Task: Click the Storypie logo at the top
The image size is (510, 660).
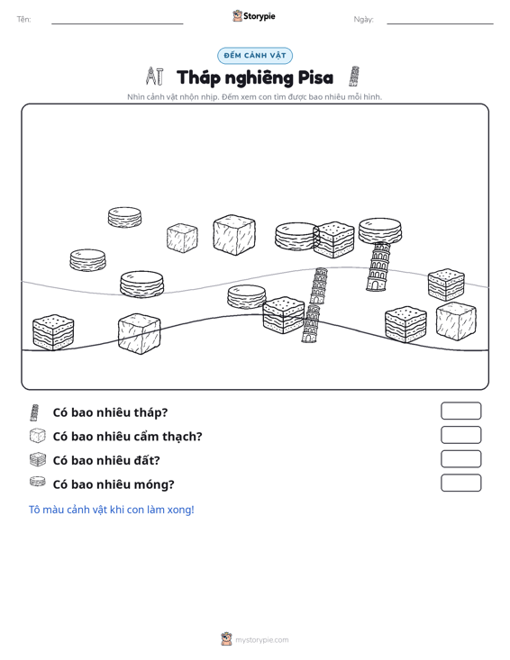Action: pos(254,16)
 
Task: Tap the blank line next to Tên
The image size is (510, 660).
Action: pos(117,23)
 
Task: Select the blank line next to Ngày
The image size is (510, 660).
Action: pos(440,23)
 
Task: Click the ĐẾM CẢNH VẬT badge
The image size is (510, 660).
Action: pos(255,56)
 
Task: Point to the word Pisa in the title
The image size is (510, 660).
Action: pos(315,77)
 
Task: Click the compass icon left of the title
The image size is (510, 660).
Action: pos(155,77)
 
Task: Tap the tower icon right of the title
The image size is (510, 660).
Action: pos(354,77)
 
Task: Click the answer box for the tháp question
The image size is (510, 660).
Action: pos(461,411)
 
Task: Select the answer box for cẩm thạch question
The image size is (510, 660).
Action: pos(461,435)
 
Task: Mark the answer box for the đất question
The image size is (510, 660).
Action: pos(461,459)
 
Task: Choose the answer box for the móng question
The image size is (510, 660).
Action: pos(461,483)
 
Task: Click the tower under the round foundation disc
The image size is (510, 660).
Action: pos(378,267)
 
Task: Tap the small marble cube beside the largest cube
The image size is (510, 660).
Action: pos(182,238)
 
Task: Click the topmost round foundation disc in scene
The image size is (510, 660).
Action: pos(124,217)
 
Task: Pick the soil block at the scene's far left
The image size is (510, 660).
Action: pos(53,332)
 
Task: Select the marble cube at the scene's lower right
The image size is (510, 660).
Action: pos(456,321)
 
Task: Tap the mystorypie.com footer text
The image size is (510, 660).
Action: pos(262,640)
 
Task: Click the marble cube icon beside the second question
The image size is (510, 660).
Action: pos(38,436)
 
